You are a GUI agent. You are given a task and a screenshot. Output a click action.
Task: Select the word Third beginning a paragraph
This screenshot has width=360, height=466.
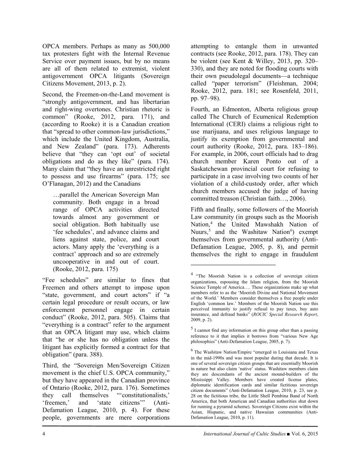[51, 365]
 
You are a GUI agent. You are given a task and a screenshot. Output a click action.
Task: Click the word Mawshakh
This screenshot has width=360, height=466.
[286, 224]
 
